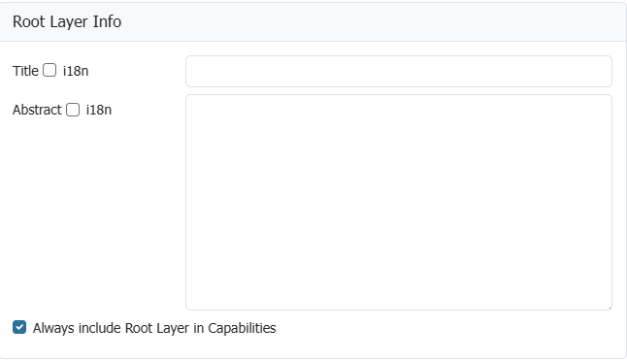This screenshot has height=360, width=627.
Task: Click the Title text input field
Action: (x=399, y=71)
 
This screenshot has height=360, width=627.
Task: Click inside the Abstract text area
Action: (x=399, y=202)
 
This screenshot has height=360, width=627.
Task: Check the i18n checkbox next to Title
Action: (x=49, y=70)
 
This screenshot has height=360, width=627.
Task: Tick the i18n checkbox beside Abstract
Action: (x=73, y=110)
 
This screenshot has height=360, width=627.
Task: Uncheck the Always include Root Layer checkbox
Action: (x=19, y=327)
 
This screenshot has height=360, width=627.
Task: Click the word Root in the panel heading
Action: (x=29, y=21)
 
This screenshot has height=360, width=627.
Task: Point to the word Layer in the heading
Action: (x=70, y=22)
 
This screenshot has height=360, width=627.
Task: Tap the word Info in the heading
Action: (x=107, y=21)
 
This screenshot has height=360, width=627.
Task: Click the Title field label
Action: (x=25, y=71)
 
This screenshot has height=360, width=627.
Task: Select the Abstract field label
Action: (x=37, y=110)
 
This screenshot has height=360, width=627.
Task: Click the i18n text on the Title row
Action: (x=76, y=71)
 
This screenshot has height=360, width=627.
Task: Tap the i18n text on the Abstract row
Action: (x=99, y=110)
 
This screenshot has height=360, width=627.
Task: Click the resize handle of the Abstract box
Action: (x=609, y=307)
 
